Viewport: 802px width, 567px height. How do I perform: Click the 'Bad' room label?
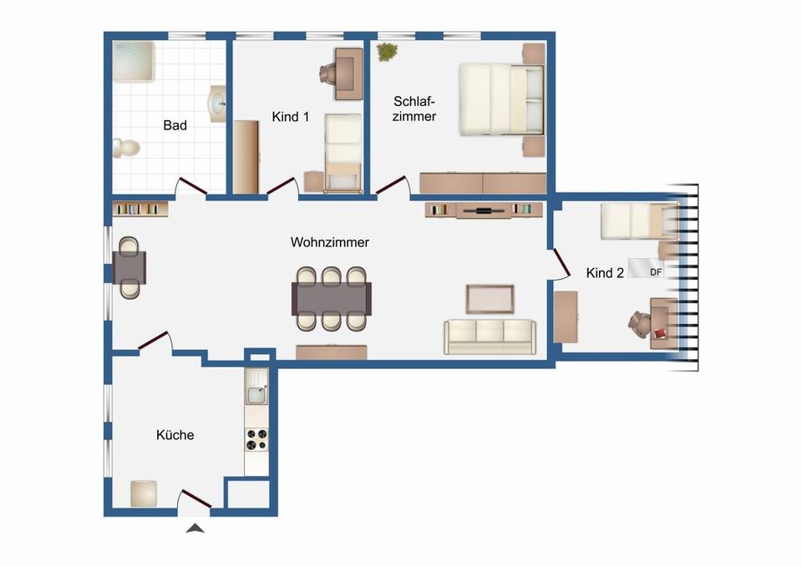tap(175, 125)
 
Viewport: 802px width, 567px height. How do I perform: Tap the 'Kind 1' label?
tap(291, 117)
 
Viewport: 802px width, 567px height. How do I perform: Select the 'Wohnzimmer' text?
tap(330, 242)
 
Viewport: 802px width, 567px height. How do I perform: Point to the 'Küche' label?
tap(175, 435)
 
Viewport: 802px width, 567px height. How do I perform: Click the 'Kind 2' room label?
tap(605, 273)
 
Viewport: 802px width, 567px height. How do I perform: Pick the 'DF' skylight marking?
tap(656, 272)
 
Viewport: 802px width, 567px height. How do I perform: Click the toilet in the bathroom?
tap(126, 149)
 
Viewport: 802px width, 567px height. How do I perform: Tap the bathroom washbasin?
tap(217, 104)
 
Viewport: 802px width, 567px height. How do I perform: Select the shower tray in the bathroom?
tap(134, 61)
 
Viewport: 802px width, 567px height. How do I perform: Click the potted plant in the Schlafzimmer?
tap(387, 52)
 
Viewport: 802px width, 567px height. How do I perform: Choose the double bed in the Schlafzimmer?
tap(501, 99)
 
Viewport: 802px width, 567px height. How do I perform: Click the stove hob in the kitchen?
tap(256, 440)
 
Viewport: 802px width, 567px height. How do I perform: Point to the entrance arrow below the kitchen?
tap(195, 529)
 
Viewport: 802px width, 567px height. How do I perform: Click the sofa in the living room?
tap(490, 337)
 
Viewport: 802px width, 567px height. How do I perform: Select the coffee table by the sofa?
tap(490, 299)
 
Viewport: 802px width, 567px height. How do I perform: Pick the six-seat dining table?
tap(332, 299)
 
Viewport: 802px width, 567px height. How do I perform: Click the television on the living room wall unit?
tap(484, 210)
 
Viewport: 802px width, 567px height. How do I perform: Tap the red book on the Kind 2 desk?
tap(660, 333)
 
